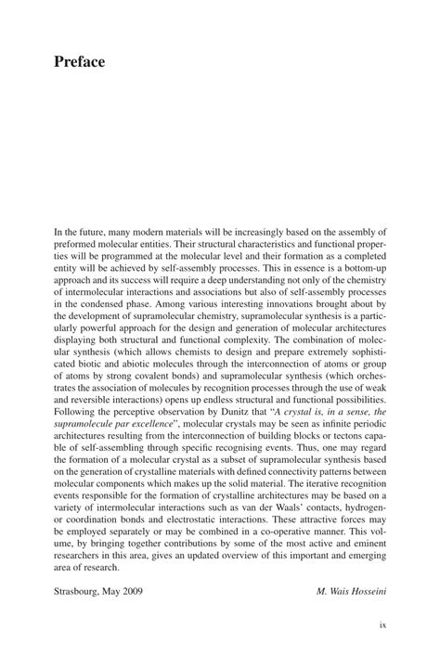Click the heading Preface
(79, 62)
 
